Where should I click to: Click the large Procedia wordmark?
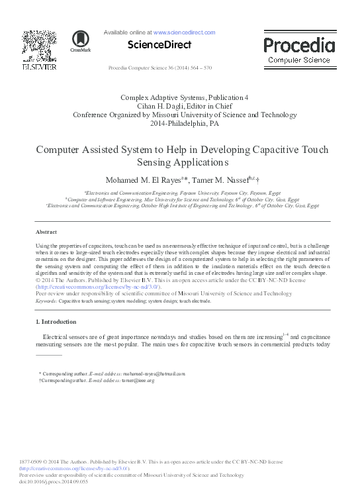pyautogui.click(x=299, y=45)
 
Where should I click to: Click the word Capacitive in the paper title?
pyautogui.click(x=272, y=150)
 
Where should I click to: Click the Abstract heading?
pyautogui.click(x=46, y=232)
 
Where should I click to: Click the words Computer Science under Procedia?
pyautogui.click(x=299, y=60)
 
